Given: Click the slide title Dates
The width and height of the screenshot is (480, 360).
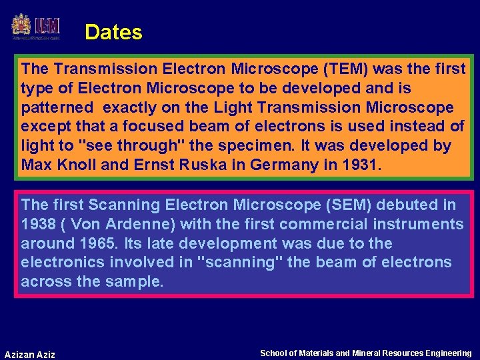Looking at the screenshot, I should [113, 32].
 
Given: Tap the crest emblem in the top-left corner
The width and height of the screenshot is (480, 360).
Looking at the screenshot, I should [21, 27].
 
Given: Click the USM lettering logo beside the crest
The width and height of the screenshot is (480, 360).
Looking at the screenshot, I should [48, 26].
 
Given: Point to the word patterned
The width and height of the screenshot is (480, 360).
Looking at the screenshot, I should [57, 107].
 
